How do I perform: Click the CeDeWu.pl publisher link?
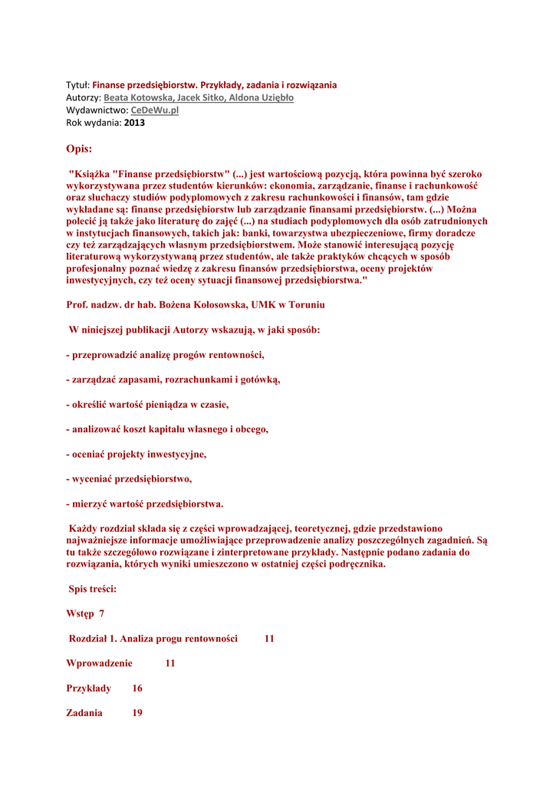pos(154,110)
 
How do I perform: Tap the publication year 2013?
pos(134,123)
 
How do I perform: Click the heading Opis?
pos(79,148)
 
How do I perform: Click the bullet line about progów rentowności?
pos(166,355)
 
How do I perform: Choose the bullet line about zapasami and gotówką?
pos(173,379)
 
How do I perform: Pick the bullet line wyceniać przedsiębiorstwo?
pos(130,479)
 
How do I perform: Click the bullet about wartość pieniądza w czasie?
pos(148,405)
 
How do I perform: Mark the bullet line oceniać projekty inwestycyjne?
pos(137,454)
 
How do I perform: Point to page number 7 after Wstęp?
pos(101,613)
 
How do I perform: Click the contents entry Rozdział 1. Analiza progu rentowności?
pos(153,639)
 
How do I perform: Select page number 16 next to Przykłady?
pos(137,688)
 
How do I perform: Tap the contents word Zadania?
pos(84,713)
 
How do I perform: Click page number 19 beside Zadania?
pos(137,713)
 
